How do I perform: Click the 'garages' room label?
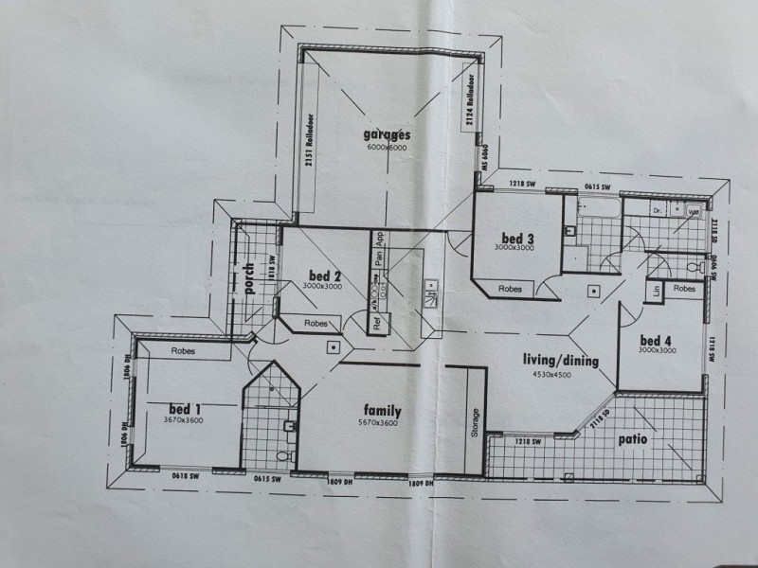[387, 134]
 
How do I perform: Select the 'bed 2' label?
[323, 276]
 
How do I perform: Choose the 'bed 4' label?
[656, 340]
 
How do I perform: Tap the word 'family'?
[382, 411]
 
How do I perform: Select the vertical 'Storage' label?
[475, 423]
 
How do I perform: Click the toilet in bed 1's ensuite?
[281, 456]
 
